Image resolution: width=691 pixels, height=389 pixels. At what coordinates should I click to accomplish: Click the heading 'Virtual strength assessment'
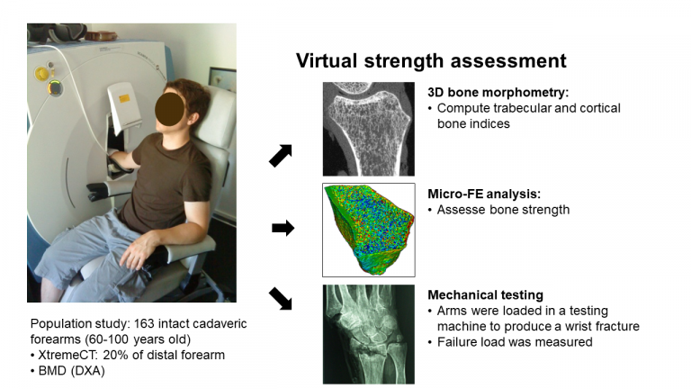pos(431,61)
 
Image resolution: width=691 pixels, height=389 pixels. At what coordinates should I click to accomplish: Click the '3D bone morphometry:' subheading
pos(498,92)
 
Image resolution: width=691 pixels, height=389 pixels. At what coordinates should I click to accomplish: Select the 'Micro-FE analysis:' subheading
pos(484,194)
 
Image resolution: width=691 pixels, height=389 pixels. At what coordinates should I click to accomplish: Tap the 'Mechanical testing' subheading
pos(485,294)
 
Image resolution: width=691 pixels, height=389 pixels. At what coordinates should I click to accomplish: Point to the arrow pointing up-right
pos(281,156)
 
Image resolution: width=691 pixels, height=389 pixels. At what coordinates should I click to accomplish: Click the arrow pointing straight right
pos(283,228)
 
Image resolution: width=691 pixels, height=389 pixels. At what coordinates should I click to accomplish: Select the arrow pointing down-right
pos(281,299)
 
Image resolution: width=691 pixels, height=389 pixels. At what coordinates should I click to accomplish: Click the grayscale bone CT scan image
pos(368,129)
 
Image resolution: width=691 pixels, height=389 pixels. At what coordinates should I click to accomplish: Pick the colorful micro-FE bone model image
pos(368,231)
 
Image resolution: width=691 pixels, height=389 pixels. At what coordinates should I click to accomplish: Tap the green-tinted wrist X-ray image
pos(368,334)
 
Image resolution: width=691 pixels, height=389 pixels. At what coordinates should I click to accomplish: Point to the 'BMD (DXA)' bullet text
pos(71,371)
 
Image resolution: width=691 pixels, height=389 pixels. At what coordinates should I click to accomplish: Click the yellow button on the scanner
pos(42,73)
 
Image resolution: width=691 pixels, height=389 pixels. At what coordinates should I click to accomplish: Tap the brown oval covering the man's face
pos(170,108)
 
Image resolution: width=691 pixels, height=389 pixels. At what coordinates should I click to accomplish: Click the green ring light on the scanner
pos(55,87)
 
